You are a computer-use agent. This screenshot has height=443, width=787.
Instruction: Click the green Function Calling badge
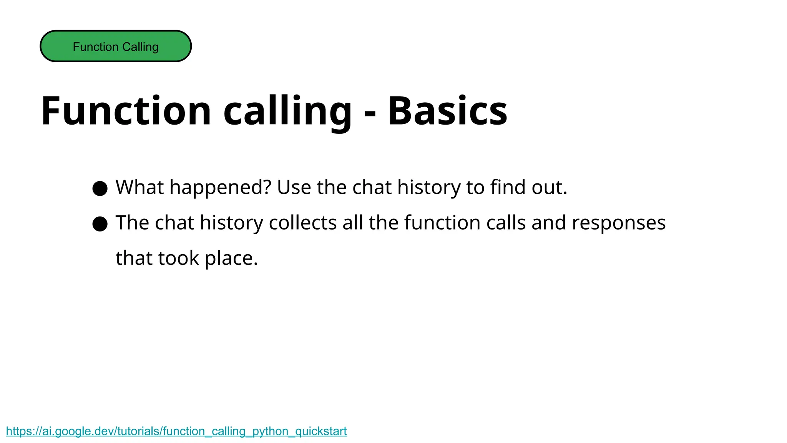[x=116, y=46]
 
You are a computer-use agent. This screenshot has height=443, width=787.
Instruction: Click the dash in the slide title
[x=370, y=113]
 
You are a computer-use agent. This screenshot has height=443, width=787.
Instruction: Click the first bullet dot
[x=100, y=188]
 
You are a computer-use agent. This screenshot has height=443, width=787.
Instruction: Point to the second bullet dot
[x=100, y=224]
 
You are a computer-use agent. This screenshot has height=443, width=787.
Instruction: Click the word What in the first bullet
[x=140, y=187]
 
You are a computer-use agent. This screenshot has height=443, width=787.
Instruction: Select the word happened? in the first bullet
[x=221, y=187]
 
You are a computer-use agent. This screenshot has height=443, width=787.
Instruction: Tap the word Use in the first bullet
[x=294, y=187]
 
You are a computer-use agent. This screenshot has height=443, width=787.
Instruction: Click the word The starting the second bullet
[x=132, y=223]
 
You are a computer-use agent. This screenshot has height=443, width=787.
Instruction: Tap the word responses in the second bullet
[x=619, y=223]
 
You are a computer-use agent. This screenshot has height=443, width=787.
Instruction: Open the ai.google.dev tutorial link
[x=176, y=431]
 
